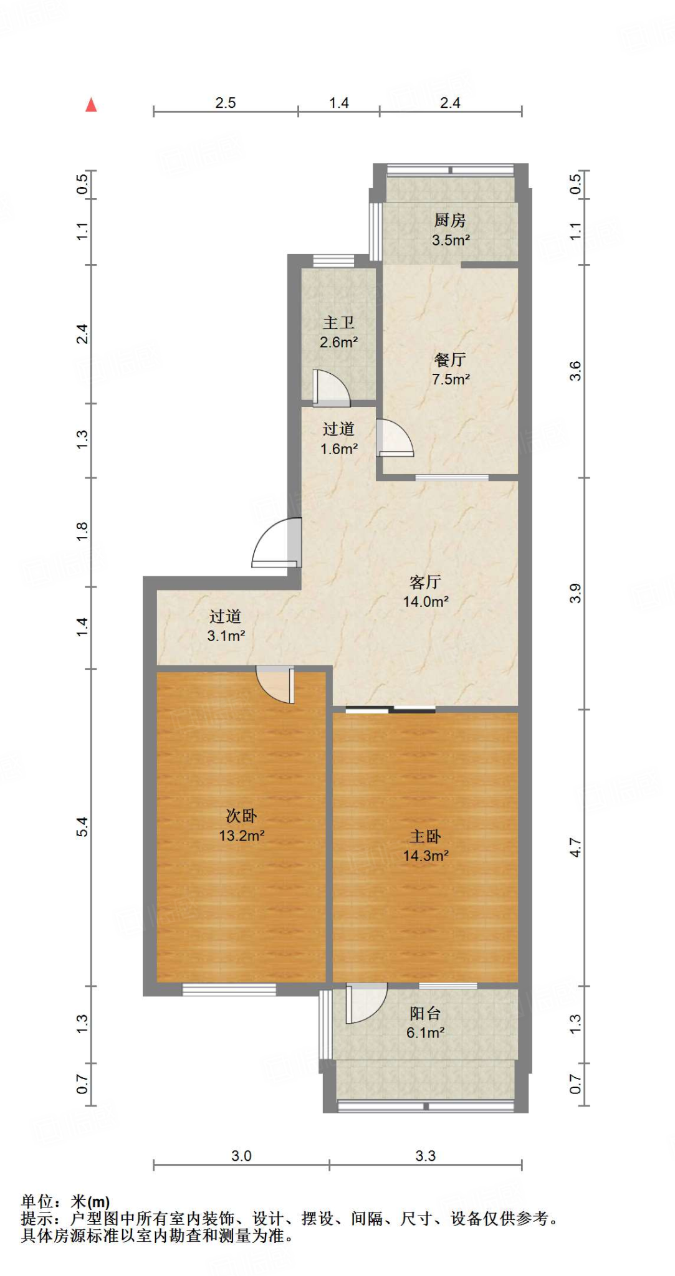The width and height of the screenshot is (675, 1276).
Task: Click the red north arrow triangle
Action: pyautogui.click(x=91, y=105)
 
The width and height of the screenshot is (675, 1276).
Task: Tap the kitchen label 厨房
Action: pyautogui.click(x=450, y=220)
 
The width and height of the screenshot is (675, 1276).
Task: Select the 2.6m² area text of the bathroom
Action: pyautogui.click(x=338, y=342)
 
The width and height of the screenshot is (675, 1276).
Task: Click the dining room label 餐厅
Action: pyautogui.click(x=450, y=359)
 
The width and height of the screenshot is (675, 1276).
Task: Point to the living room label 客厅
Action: pyautogui.click(x=425, y=582)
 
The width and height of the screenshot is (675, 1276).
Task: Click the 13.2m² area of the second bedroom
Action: pyautogui.click(x=241, y=836)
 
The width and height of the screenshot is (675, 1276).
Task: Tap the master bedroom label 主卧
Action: pyautogui.click(x=425, y=836)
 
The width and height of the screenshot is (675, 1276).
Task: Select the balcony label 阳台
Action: pyautogui.click(x=425, y=1013)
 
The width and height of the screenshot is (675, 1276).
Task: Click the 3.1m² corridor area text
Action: pyautogui.click(x=226, y=636)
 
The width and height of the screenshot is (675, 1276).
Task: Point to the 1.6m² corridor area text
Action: pyautogui.click(x=338, y=449)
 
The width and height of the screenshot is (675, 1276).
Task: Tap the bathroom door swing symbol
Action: pyautogui.click(x=330, y=388)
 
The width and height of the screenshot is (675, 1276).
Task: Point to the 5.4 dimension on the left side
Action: pyautogui.click(x=82, y=827)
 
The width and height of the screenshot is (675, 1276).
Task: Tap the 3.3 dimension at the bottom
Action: pyautogui.click(x=425, y=1156)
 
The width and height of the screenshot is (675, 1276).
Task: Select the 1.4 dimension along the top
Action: pyautogui.click(x=338, y=103)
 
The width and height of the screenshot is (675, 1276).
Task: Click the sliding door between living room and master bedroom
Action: pyautogui.click(x=391, y=709)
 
